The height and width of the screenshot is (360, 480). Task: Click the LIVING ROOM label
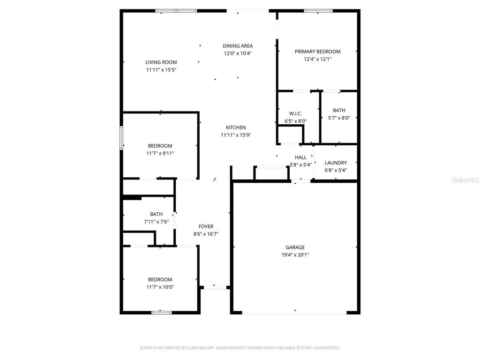pyautogui.click(x=161, y=62)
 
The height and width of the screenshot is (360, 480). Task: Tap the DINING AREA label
pyautogui.click(x=238, y=46)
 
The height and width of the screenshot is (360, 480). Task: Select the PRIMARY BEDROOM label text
pyautogui.click(x=317, y=52)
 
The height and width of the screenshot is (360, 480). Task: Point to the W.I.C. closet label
pyautogui.click(x=295, y=113)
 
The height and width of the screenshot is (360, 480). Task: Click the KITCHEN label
pyautogui.click(x=236, y=127)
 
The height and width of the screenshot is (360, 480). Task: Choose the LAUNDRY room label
pyautogui.click(x=336, y=163)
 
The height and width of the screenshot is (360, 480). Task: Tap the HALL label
pyautogui.click(x=300, y=157)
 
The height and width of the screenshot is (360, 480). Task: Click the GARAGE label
pyautogui.click(x=295, y=247)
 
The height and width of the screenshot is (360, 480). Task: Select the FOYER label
pyautogui.click(x=206, y=226)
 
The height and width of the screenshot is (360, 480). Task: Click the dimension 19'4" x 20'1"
pyautogui.click(x=295, y=255)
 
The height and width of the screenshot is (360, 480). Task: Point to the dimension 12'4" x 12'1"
pyautogui.click(x=317, y=59)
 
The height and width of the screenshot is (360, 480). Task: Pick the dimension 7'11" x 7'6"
pyautogui.click(x=156, y=222)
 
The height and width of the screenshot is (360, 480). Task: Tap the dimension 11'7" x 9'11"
pyautogui.click(x=160, y=153)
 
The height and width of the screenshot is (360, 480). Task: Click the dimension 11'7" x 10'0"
pyautogui.click(x=160, y=287)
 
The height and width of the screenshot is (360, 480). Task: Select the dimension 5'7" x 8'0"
pyautogui.click(x=339, y=118)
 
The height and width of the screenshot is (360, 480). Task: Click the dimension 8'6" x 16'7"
pyautogui.click(x=206, y=234)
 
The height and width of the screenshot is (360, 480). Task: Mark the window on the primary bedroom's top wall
pyautogui.click(x=318, y=11)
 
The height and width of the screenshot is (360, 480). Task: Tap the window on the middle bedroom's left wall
pyautogui.click(x=121, y=138)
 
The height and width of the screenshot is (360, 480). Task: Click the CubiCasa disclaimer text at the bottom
pyautogui.click(x=240, y=348)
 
